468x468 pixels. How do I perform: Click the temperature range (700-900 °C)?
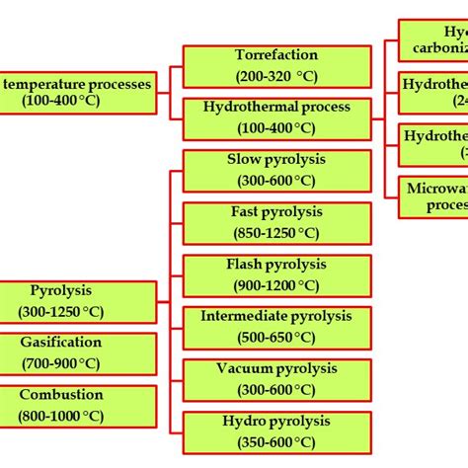(61, 363)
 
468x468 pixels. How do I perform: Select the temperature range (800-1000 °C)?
(61, 415)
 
